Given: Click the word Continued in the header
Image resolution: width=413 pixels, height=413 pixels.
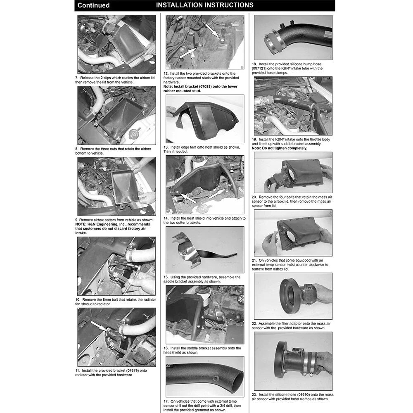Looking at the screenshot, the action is click(93, 5).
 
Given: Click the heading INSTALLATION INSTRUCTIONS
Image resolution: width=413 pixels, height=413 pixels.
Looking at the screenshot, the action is click(205, 5).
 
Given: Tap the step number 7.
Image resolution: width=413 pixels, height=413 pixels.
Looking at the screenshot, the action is click(77, 78).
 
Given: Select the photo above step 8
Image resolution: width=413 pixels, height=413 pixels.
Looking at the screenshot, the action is click(117, 115).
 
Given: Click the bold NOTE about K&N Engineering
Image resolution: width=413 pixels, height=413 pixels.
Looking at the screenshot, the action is click(113, 229).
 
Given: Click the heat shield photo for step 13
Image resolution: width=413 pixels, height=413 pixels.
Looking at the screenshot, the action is click(205, 119).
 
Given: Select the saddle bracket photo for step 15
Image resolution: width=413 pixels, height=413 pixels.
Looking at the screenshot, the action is click(205, 250).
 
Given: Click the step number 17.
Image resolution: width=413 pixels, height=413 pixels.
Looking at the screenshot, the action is click(166, 401).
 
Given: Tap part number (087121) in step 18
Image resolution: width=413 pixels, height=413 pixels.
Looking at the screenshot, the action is click(259, 69).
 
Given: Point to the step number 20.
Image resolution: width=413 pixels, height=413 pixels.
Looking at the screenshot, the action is click(254, 197).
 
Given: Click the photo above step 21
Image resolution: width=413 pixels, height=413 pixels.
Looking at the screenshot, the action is click(293, 233).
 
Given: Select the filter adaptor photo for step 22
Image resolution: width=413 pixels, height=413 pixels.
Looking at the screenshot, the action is click(293, 296).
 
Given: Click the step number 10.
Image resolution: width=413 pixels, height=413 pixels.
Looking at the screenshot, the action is click(78, 300).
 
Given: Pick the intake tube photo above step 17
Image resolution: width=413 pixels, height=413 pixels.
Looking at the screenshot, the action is click(205, 377).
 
